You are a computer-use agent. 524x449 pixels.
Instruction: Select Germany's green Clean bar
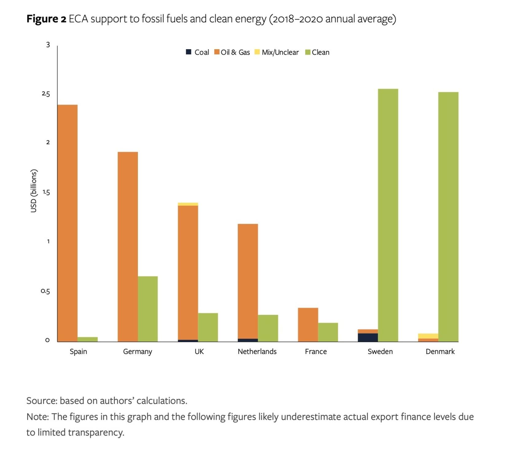(148, 309)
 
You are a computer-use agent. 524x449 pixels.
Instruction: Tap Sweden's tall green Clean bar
(388, 215)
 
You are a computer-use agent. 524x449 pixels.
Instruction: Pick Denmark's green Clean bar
(448, 217)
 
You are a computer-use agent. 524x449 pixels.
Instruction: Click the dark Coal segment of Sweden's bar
(368, 337)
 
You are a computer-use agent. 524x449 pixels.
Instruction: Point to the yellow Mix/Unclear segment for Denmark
(428, 336)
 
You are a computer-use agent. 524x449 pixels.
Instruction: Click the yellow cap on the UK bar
(188, 204)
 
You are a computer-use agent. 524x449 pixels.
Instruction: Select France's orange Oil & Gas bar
(308, 325)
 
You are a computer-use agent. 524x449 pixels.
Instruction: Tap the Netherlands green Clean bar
(268, 328)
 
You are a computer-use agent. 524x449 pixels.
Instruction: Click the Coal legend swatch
(189, 52)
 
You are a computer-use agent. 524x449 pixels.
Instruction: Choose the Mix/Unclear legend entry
(280, 53)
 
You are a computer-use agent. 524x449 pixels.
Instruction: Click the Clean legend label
(320, 53)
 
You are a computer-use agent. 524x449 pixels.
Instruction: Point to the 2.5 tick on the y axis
(46, 94)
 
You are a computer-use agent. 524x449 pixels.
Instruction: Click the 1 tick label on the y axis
(48, 241)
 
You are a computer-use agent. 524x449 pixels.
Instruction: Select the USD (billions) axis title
(34, 191)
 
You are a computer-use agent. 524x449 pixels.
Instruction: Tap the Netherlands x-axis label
(257, 352)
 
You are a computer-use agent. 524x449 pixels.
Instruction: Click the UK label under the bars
(199, 352)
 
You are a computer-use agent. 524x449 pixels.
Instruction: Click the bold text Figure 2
(46, 19)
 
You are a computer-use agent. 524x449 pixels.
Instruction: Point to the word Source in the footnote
(41, 401)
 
